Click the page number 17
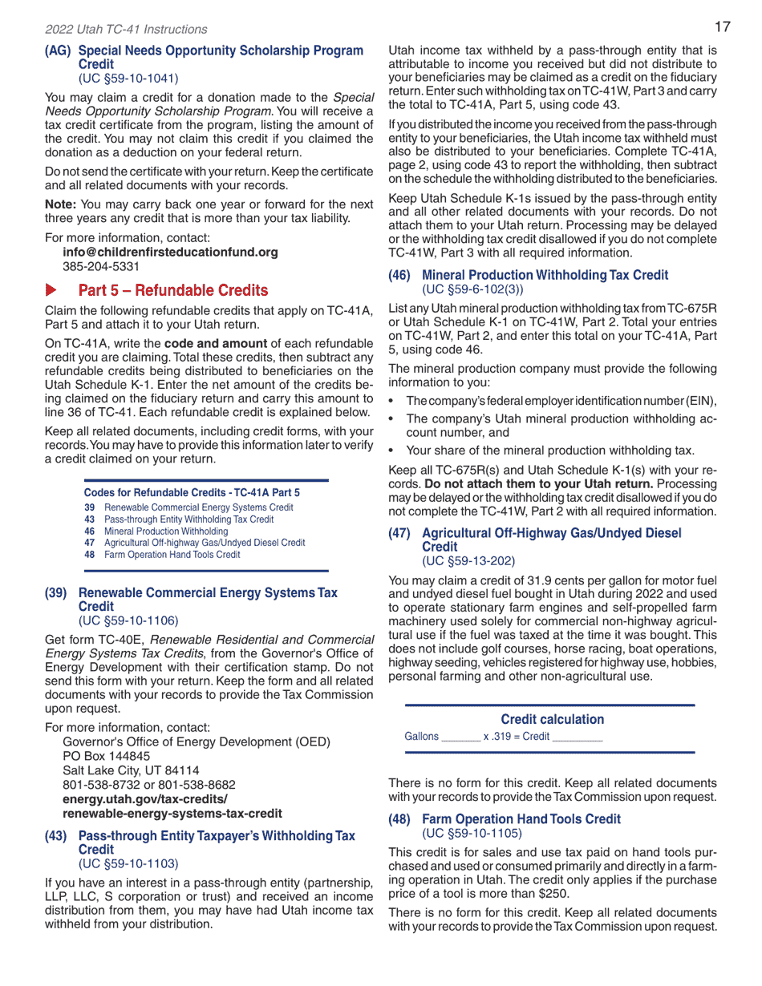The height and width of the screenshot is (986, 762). (x=722, y=27)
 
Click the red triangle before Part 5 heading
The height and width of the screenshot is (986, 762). (x=51, y=289)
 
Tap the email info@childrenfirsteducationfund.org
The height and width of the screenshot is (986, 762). (x=170, y=252)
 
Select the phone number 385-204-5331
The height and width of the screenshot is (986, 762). (x=101, y=266)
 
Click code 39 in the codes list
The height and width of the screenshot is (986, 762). (x=89, y=507)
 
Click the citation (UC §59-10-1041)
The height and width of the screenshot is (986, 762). (x=128, y=78)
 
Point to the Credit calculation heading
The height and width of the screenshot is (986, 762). (x=552, y=719)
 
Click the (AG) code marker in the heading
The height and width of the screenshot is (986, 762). (x=58, y=51)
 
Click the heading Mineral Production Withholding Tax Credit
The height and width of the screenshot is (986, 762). (x=545, y=275)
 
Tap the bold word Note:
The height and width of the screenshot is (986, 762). (x=61, y=204)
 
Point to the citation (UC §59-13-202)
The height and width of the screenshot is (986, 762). (x=468, y=560)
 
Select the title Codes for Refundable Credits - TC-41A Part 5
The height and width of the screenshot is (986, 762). (x=192, y=492)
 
